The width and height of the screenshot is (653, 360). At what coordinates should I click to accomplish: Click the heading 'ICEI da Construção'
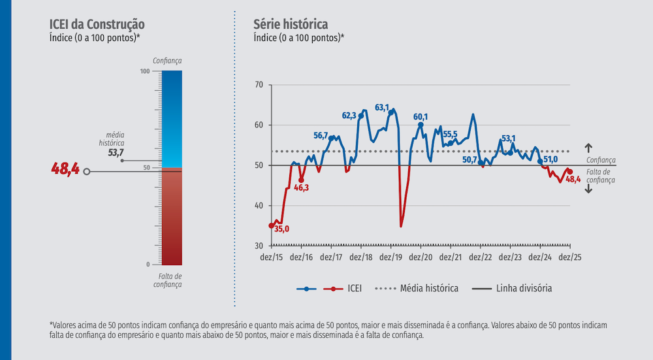(97, 25)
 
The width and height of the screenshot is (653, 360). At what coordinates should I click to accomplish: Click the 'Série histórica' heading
(291, 25)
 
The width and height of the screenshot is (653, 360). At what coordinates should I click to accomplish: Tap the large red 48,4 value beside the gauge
(65, 170)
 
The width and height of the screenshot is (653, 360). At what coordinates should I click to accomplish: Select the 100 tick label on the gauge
(145, 71)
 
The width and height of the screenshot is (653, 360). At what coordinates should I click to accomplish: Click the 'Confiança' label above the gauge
(167, 61)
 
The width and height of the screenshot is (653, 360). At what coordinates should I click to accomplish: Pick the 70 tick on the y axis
(259, 85)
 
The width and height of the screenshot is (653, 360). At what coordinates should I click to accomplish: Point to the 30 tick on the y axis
(259, 246)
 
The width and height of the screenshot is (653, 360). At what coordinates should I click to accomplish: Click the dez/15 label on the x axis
(271, 258)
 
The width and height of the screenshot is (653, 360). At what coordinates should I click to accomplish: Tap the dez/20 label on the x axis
(421, 258)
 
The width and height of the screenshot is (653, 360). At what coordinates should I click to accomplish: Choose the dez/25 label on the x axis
(569, 258)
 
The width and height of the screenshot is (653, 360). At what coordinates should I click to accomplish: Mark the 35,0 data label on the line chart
(281, 229)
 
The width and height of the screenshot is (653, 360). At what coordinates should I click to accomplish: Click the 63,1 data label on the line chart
(382, 108)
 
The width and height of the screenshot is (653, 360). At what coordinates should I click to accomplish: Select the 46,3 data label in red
(302, 188)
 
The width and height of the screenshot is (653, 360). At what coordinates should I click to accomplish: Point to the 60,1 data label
(421, 117)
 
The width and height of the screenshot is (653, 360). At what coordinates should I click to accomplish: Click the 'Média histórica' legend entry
(429, 288)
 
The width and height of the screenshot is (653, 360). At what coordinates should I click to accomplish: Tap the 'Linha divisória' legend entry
(524, 288)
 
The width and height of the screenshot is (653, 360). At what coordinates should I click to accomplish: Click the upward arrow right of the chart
(588, 148)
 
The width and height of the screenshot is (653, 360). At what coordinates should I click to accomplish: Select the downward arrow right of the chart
(588, 189)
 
